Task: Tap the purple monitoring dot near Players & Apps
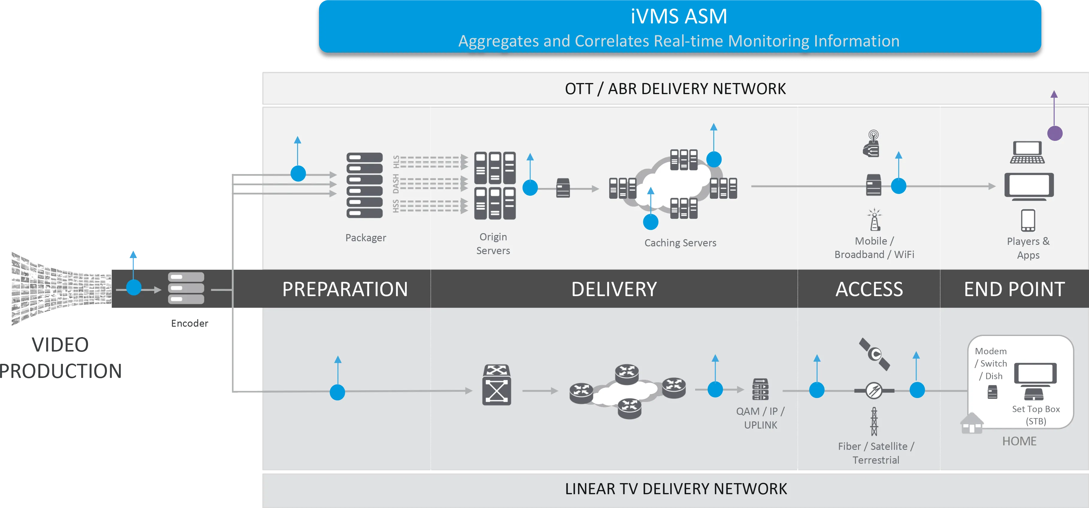coord(1055,133)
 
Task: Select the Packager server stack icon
coord(364,185)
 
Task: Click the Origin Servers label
coord(493,244)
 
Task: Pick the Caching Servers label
coord(680,243)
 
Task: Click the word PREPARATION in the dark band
coord(345,289)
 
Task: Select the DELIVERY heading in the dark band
coord(614,289)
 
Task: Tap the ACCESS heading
coord(869,289)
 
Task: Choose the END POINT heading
coord(1014,289)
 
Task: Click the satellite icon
coord(874,354)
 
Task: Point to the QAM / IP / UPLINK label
coord(760,418)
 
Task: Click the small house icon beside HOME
coord(972,423)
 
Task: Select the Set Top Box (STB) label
coord(1036,415)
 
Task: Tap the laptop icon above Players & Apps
coord(1027,153)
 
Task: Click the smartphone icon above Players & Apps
coord(1028,220)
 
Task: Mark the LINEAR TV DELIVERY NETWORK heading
coord(676,489)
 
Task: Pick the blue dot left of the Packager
coord(298,174)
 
